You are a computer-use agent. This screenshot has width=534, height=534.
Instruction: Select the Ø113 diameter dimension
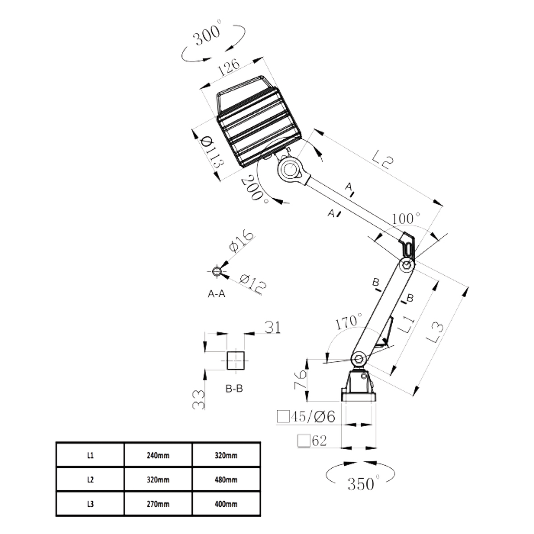(x=212, y=152)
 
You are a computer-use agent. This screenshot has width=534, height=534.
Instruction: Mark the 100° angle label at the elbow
(x=406, y=219)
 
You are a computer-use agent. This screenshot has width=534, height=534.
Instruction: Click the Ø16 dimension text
(x=241, y=241)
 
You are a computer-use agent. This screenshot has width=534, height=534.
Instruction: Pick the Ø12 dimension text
(x=252, y=284)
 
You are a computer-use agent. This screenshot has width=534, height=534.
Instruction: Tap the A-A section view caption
(x=216, y=294)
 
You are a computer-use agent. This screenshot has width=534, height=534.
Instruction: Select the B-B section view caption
(x=234, y=388)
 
